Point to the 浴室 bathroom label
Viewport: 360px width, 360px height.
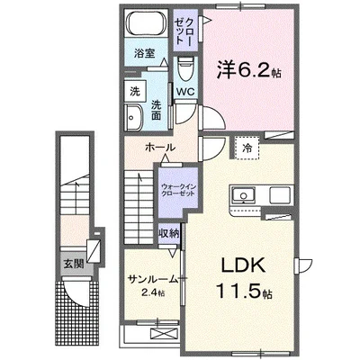coord(145,53)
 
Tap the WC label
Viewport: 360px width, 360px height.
coord(185,93)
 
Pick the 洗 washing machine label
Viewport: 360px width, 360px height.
coord(133,92)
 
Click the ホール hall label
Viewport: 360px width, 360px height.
coord(158,147)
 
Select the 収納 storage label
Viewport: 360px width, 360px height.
coord(170,233)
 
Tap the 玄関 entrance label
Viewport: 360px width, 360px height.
coord(72,264)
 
